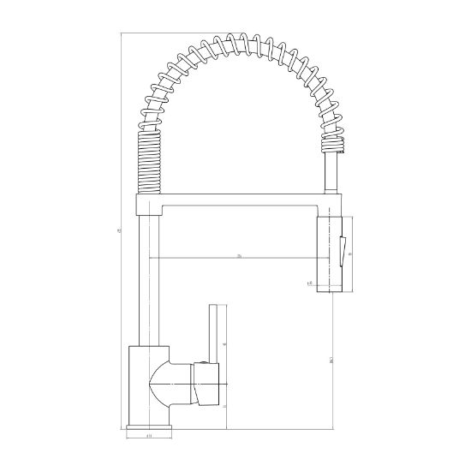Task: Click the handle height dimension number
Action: (225, 345)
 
